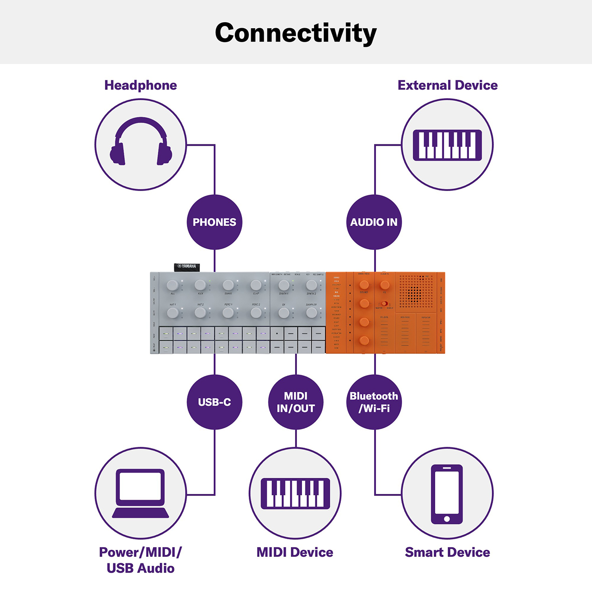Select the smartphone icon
(447, 494)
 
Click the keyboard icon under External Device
(447, 145)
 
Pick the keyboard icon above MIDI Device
(295, 493)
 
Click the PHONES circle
(214, 222)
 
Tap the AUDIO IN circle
(374, 222)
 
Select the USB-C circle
(214, 402)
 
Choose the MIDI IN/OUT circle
(296, 402)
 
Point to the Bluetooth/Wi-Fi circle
(374, 402)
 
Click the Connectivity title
(296, 33)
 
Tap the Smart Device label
(447, 552)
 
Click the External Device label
(447, 85)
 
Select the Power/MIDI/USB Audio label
(141, 560)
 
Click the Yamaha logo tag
(187, 267)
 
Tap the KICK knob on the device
(200, 285)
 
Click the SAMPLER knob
(311, 313)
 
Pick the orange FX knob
(385, 285)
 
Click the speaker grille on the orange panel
(415, 291)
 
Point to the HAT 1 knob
(173, 313)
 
